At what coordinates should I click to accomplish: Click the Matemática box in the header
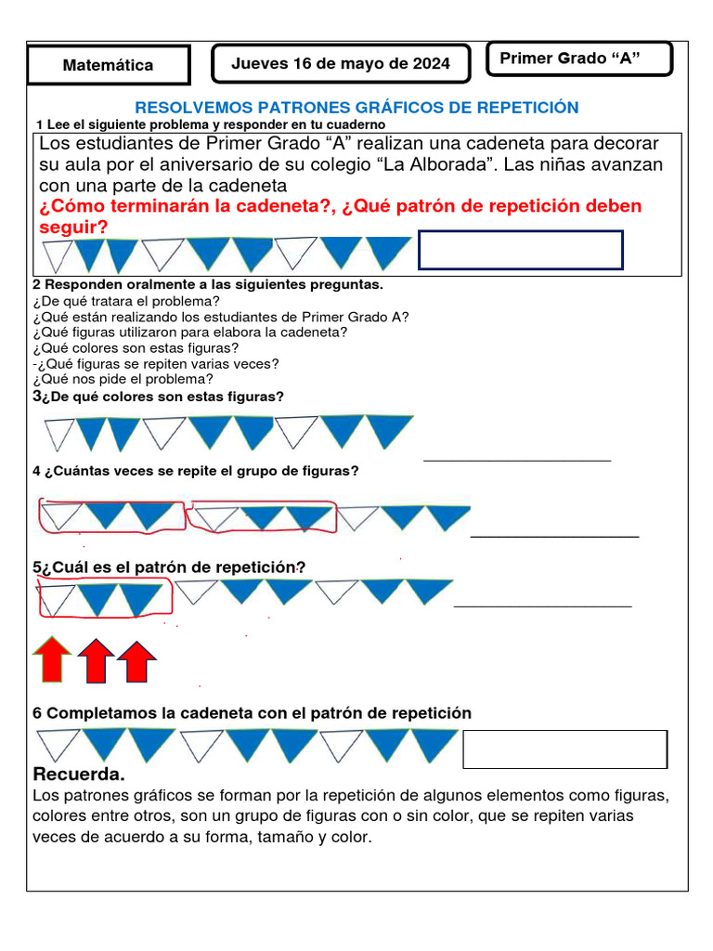point(108,65)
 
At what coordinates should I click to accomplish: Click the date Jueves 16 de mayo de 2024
point(341,63)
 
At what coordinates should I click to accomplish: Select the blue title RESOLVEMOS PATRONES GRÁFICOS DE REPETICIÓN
point(356,108)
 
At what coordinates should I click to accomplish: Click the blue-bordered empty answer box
point(520,250)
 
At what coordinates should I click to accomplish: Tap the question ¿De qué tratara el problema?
point(126,301)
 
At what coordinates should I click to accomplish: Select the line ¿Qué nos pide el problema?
point(123,379)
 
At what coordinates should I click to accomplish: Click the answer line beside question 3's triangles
point(517,459)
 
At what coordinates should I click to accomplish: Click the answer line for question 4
point(554,536)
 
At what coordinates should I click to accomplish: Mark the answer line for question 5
point(542,606)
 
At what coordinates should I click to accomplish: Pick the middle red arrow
point(95,661)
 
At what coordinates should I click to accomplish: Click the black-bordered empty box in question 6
point(564,749)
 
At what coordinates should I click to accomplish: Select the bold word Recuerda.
point(79,775)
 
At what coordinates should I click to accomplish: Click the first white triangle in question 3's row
point(59,433)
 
